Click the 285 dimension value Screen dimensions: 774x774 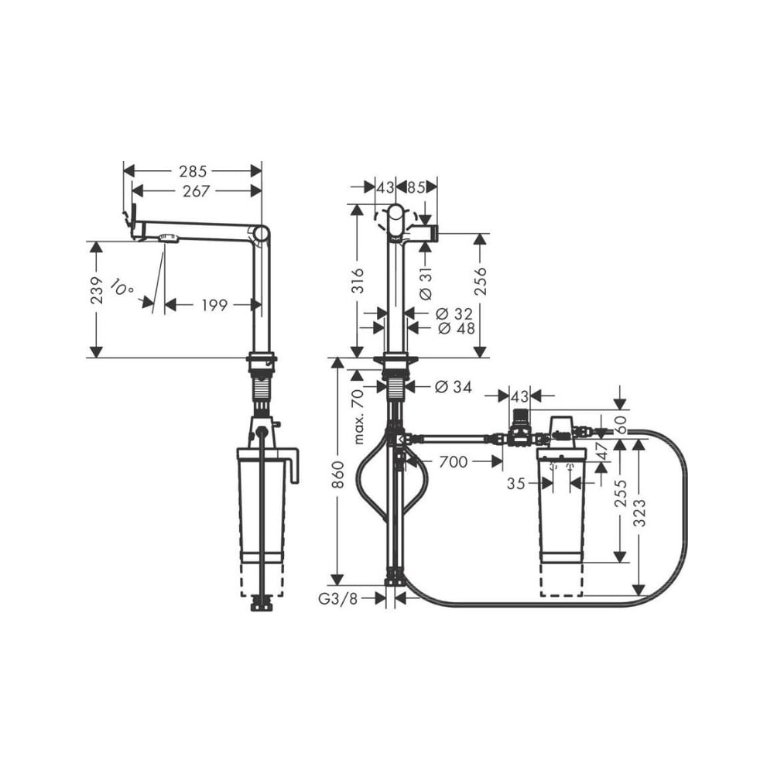pyautogui.click(x=193, y=171)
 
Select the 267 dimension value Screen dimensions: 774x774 pyautogui.click(x=197, y=191)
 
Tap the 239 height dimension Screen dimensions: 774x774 pyautogui.click(x=98, y=290)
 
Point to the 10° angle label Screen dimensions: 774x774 pyautogui.click(x=122, y=287)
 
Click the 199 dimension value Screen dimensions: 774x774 pyautogui.click(x=214, y=306)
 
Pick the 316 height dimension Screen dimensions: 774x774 pyautogui.click(x=357, y=280)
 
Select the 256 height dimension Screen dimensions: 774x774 pyautogui.click(x=481, y=282)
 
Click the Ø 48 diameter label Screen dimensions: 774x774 pyautogui.click(x=456, y=327)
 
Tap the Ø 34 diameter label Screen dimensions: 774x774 pyautogui.click(x=453, y=387)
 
